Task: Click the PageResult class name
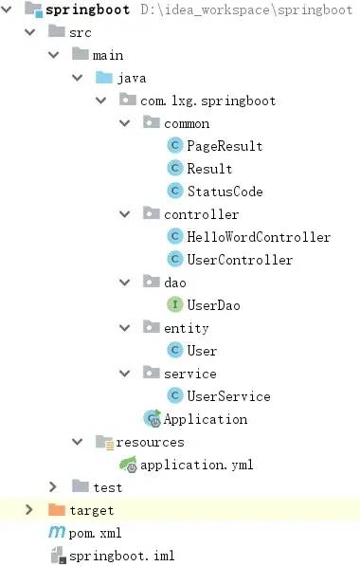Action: click(x=225, y=146)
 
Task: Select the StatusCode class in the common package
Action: click(x=225, y=192)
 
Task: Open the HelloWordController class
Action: click(x=259, y=237)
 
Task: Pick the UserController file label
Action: click(x=240, y=260)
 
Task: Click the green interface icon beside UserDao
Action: click(x=175, y=304)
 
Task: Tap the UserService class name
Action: click(x=228, y=396)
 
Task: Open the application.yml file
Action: click(x=197, y=465)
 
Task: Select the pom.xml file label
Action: click(x=95, y=533)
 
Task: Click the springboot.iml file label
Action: click(x=122, y=556)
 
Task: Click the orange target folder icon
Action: click(x=56, y=509)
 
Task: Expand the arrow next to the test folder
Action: click(x=53, y=487)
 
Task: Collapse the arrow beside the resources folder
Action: click(x=77, y=441)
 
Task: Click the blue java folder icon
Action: click(x=104, y=77)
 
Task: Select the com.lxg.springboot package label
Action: click(x=208, y=100)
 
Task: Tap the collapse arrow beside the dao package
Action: click(x=124, y=282)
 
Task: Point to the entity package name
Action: click(x=186, y=328)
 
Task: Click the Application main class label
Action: click(x=206, y=419)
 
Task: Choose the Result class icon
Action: click(x=175, y=168)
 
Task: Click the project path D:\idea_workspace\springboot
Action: click(x=246, y=9)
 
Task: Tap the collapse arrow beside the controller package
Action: click(x=124, y=214)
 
